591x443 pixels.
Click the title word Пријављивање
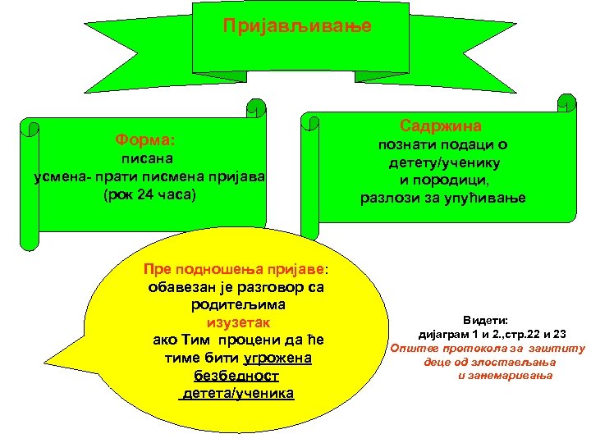pos(297,26)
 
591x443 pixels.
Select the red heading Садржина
pos(441,126)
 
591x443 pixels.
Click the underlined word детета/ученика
pos(236,394)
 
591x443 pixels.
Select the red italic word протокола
pos(477,348)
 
